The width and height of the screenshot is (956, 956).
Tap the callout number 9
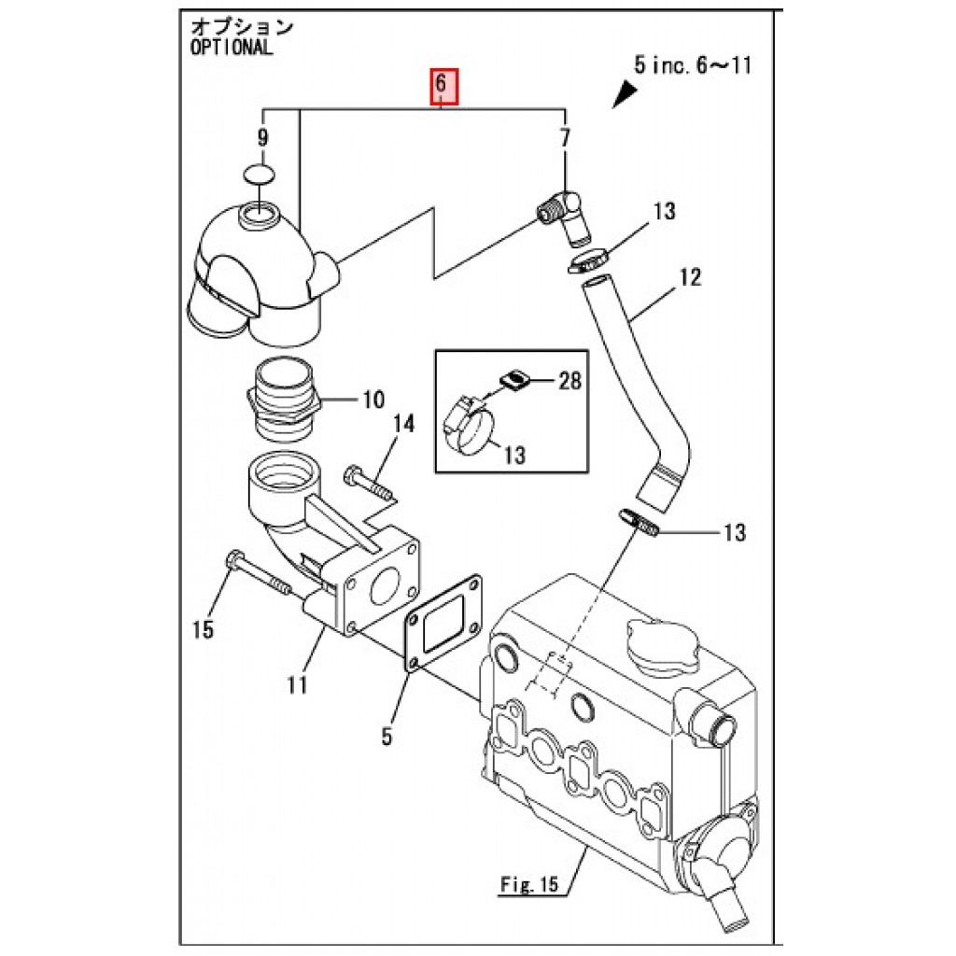pyautogui.click(x=262, y=138)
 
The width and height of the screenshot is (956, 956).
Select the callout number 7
pyautogui.click(x=564, y=138)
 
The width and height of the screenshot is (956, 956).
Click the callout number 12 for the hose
pyautogui.click(x=690, y=276)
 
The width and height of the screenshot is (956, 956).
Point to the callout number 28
pyautogui.click(x=569, y=380)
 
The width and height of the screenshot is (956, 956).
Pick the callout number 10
pyautogui.click(x=373, y=401)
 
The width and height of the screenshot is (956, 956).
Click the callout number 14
pyautogui.click(x=403, y=426)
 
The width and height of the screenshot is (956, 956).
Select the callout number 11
pyautogui.click(x=297, y=684)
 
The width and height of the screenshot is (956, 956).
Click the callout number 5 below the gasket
pyautogui.click(x=386, y=737)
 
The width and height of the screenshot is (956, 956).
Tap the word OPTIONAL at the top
pyautogui.click(x=232, y=49)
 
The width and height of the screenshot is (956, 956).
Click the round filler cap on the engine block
pyautogui.click(x=660, y=647)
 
